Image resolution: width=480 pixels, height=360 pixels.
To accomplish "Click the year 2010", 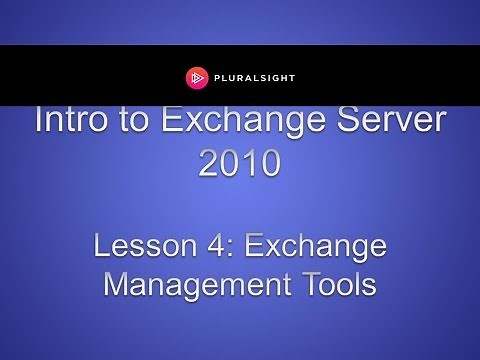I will [x=240, y=164].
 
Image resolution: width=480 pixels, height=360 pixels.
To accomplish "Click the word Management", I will [x=190, y=285].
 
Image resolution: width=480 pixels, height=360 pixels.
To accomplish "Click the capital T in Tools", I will [x=301, y=285].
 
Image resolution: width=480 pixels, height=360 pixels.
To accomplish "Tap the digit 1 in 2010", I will [x=250, y=164].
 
